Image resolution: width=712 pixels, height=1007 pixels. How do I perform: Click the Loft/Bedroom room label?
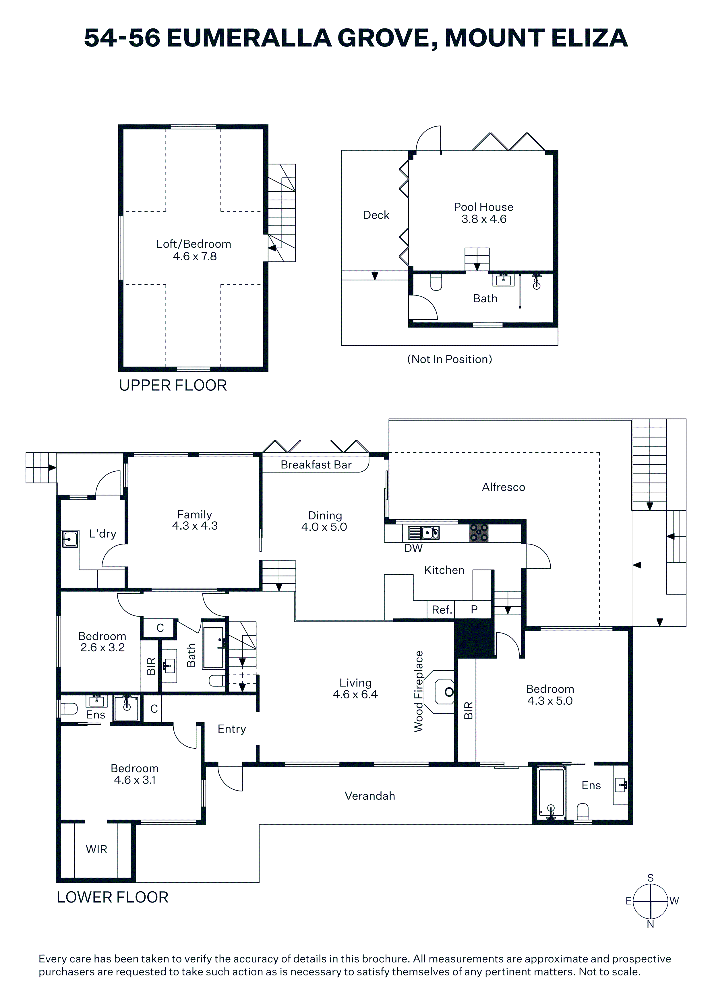(194, 244)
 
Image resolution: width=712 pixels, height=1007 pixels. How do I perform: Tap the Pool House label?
(483, 207)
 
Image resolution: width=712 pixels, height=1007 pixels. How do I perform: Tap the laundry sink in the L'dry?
(70, 539)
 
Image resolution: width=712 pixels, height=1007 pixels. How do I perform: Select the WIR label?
(96, 849)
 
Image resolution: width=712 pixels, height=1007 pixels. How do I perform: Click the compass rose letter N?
(651, 924)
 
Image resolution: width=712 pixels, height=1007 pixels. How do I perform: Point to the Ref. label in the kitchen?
(442, 610)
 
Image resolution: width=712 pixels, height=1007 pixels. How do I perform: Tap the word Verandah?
(370, 796)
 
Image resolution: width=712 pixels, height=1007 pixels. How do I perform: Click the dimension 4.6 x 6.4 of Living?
(355, 694)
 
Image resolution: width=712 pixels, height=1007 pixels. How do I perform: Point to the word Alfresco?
(503, 487)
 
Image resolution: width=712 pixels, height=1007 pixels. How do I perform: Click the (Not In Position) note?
(450, 359)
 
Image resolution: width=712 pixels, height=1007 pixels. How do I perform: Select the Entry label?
(232, 729)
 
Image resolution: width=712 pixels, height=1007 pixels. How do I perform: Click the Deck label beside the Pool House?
(376, 215)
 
